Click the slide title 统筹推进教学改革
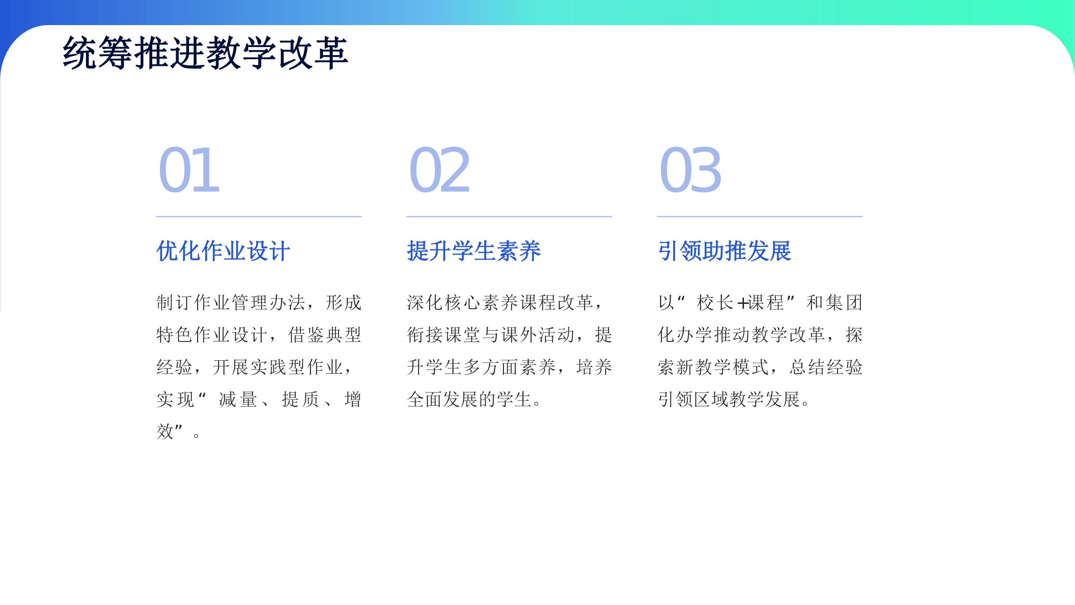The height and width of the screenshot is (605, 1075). pos(206,53)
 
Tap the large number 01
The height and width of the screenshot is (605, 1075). pos(189,170)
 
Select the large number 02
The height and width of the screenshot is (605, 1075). pos(439,170)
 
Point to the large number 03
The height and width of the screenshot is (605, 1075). pos(690,170)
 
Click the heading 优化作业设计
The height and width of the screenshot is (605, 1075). pos(223,251)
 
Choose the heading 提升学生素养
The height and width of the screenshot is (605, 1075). pos(474,251)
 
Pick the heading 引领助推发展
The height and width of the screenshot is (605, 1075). pos(724,251)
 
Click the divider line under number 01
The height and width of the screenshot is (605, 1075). pos(259,216)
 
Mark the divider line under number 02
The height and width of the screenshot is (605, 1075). pos(509,216)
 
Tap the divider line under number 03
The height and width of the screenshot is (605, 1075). pos(760,216)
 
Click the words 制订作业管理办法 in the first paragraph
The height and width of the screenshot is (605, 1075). pos(231,302)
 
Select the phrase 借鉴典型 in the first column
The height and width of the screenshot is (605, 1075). pos(325,335)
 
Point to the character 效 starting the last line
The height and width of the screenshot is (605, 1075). pos(165,432)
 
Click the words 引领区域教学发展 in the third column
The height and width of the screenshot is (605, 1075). pos(729,399)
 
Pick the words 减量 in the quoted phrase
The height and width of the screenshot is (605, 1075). pos(238,399)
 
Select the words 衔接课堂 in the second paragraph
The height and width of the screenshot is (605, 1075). pos(443,335)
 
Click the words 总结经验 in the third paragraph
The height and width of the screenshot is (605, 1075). pos(826,367)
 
